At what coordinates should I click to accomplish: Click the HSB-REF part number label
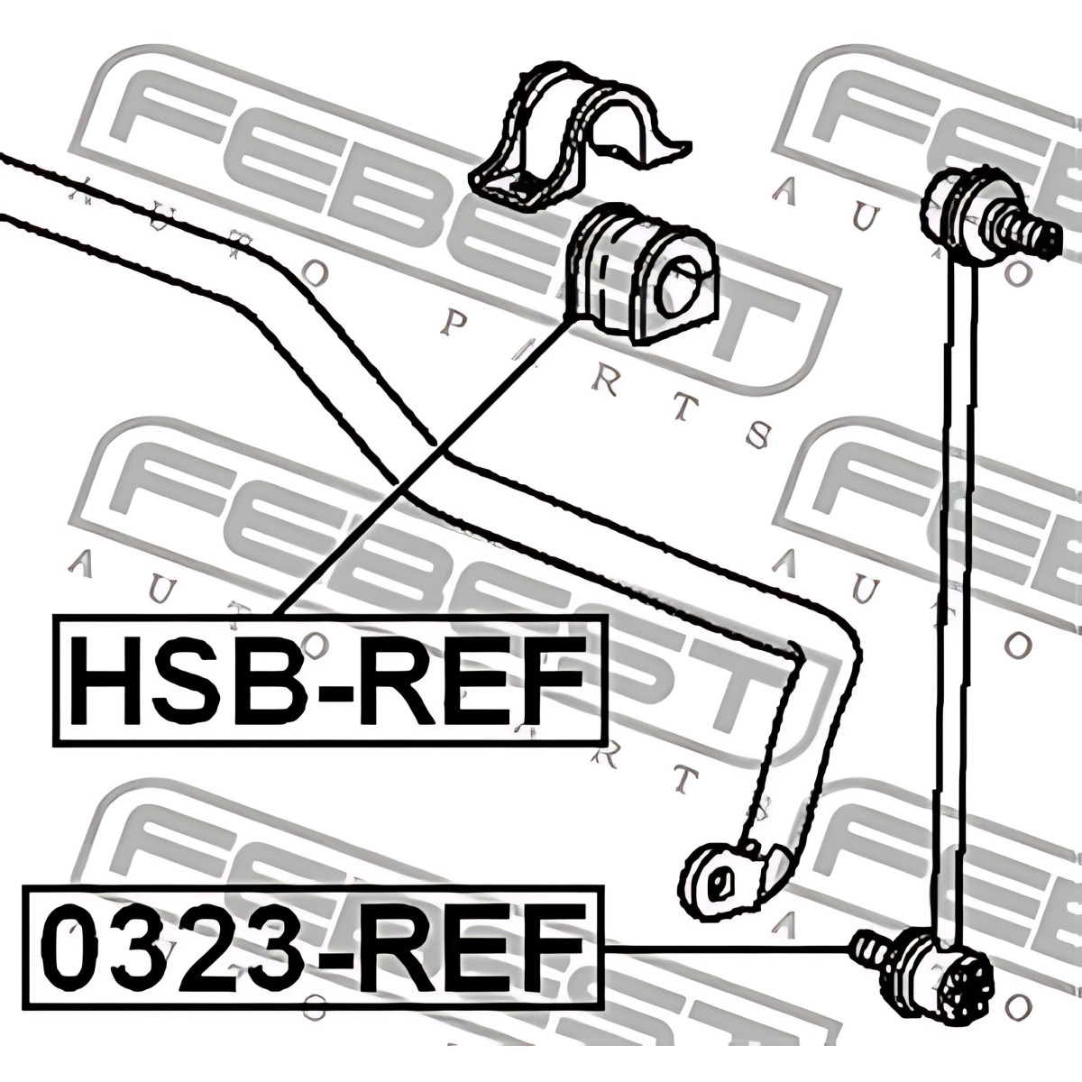pos(329,681)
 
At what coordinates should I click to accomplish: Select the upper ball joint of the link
pos(960,207)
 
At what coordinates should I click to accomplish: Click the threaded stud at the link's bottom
pos(870,949)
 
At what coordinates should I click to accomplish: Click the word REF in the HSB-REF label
pos(478,681)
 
